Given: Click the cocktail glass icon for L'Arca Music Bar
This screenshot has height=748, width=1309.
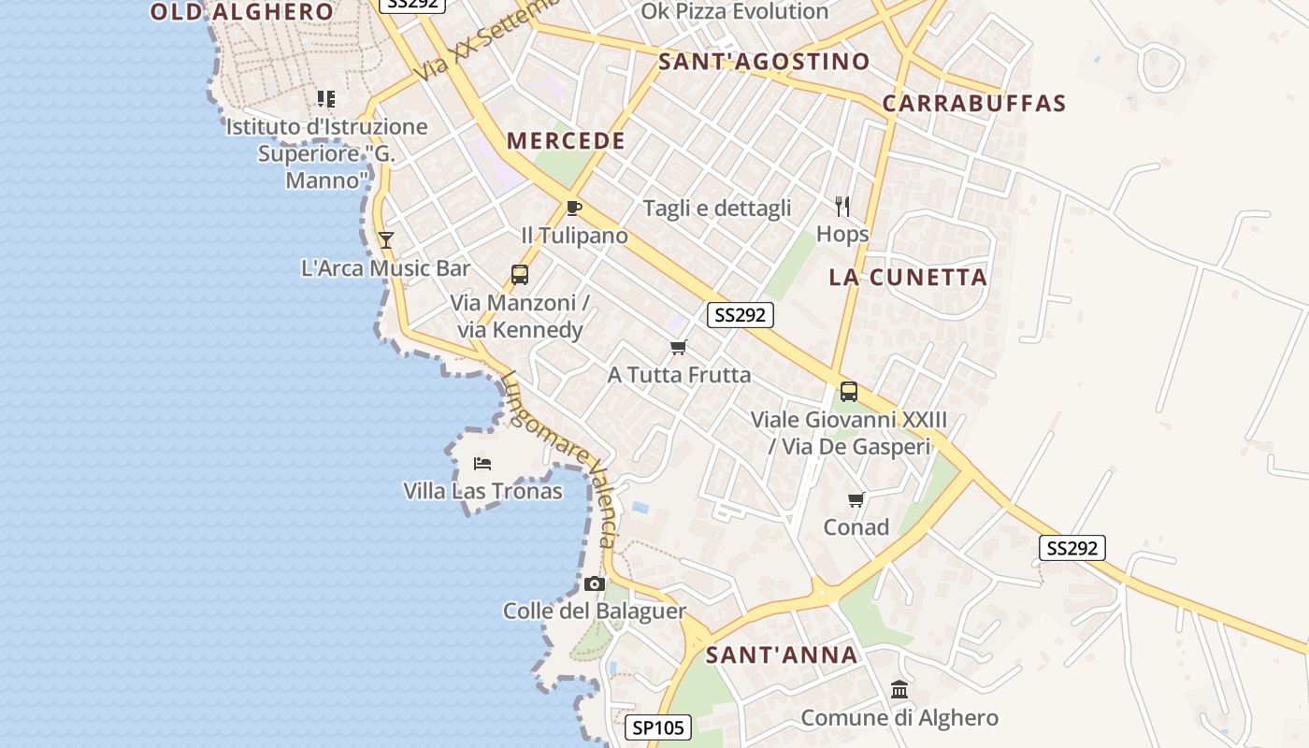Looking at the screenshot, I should [385, 240].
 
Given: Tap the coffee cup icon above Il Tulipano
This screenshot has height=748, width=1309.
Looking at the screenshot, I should [574, 208].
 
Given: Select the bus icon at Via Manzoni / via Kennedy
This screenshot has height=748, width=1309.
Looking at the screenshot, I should [520, 275].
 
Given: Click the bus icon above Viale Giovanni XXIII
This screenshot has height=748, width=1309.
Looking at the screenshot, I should [849, 392].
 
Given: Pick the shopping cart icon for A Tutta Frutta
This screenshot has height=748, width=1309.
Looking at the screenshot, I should [679, 348].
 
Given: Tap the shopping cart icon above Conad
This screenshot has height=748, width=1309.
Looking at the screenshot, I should [856, 500].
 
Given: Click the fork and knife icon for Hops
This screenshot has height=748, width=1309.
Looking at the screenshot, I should [842, 207].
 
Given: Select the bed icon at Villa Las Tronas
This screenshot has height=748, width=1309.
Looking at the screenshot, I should [482, 464].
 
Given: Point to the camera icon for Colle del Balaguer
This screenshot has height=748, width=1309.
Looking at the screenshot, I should [594, 584].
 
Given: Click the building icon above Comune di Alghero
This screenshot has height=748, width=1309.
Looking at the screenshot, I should [899, 690].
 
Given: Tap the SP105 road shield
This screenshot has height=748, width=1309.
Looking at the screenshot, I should [657, 727].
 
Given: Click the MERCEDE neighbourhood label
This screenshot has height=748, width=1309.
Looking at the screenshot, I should [566, 141].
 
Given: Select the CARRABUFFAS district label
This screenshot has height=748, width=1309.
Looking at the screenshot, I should [974, 103].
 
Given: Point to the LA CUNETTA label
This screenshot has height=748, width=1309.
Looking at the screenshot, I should [909, 277].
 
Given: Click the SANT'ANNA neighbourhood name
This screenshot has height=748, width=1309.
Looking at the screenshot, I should [782, 654].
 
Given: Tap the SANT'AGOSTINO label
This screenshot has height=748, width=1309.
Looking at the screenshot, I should [764, 62].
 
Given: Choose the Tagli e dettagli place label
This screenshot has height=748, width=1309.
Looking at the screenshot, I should [717, 209].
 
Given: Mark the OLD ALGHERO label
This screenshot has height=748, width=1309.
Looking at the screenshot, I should [242, 12].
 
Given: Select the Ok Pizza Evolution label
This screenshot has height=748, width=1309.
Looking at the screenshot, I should [734, 11].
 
